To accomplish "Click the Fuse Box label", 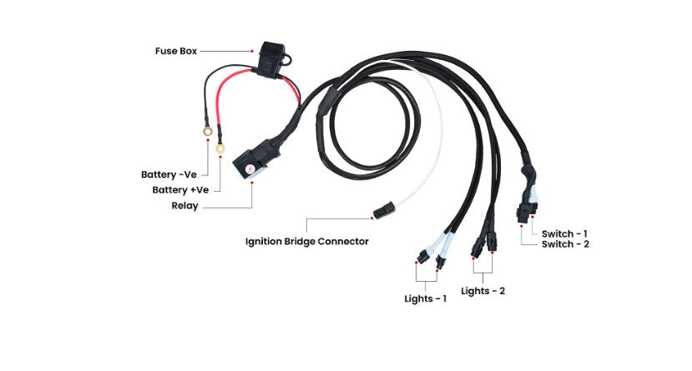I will point(175,51).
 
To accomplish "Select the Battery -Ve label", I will point(169,175).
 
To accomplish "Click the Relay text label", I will point(184,205).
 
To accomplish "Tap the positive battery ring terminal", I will point(220,150).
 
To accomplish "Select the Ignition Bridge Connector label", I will point(306,242).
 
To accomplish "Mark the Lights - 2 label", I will point(483,291).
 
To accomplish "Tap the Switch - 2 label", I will point(565,244).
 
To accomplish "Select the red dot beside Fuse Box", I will point(251,52).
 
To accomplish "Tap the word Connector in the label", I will point(344,242).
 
